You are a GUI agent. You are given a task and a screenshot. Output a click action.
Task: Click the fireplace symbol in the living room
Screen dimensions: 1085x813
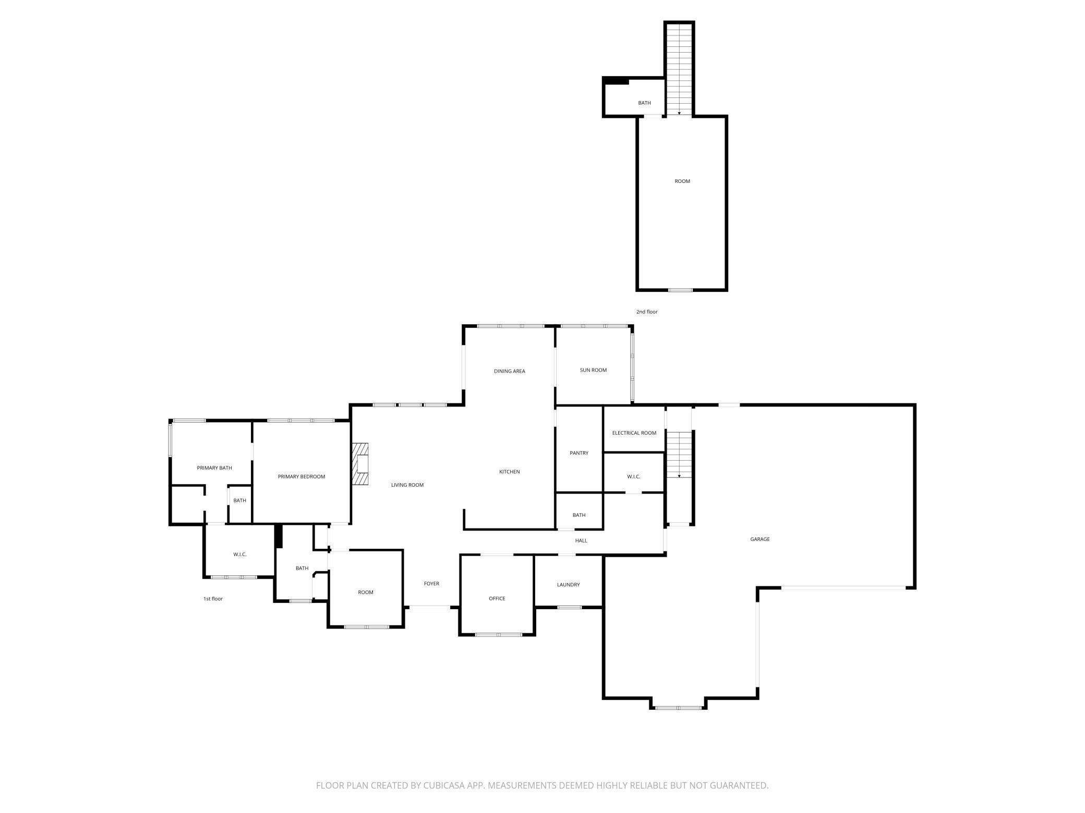pos(360,464)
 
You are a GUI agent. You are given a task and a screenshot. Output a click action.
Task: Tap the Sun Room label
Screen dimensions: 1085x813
pos(593,370)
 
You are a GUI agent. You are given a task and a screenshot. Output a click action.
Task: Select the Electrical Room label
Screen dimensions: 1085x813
pos(634,433)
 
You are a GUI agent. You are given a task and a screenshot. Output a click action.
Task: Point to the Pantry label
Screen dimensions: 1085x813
pos(579,453)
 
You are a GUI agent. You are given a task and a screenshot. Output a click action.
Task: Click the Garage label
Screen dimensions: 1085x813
pos(760,539)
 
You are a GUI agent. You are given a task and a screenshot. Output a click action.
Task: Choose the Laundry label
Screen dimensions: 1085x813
pos(568,585)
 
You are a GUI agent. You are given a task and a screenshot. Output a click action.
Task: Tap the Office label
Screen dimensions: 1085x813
pos(497,598)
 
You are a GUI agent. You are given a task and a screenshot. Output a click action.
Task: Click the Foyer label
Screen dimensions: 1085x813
pos(431,584)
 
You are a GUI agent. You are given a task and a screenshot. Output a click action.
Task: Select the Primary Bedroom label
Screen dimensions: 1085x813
pos(302,476)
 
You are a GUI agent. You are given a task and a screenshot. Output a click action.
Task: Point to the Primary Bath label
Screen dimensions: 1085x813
pos(214,468)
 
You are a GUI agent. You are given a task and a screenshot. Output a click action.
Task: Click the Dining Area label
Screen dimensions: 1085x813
pos(510,371)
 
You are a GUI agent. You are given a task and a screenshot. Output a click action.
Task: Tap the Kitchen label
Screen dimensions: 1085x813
pos(510,472)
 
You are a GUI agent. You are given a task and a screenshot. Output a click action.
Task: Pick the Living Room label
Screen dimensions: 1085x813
pos(407,485)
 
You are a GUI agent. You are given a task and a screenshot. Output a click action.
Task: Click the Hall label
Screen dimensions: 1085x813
pos(581,540)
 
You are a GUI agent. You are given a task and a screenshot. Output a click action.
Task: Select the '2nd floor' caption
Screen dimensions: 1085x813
pos(647,312)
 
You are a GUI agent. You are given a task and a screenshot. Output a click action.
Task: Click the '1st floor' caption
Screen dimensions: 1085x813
pos(213,599)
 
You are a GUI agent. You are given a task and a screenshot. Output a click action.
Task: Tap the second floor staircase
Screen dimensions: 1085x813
pos(679,69)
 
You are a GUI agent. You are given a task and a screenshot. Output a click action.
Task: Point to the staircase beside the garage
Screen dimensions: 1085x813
pos(679,454)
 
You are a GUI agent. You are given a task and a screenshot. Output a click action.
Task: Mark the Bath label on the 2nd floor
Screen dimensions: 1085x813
pos(645,103)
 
